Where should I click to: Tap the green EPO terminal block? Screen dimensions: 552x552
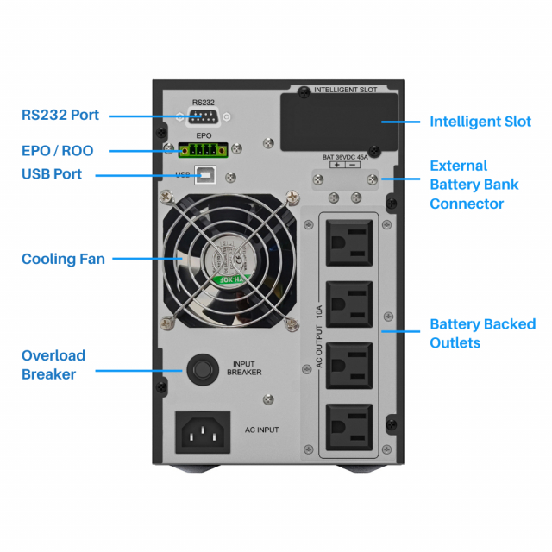pos(204,150)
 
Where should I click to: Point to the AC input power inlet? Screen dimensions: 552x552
pos(204,430)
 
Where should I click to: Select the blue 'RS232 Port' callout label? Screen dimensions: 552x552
pos(60,116)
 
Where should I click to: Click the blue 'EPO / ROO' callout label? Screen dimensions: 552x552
pos(57,151)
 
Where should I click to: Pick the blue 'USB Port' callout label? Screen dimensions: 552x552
pos(52,174)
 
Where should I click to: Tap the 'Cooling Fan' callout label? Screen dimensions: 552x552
pos(63,259)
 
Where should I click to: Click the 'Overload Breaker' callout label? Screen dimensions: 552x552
pos(53,365)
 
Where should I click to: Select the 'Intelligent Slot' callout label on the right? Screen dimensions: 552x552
pos(480,122)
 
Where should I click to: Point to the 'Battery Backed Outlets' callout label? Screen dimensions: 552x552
pos(482,334)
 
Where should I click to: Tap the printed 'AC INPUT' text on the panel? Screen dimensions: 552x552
pos(261,429)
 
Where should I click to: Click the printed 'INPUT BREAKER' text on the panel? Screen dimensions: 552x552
pos(244,368)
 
